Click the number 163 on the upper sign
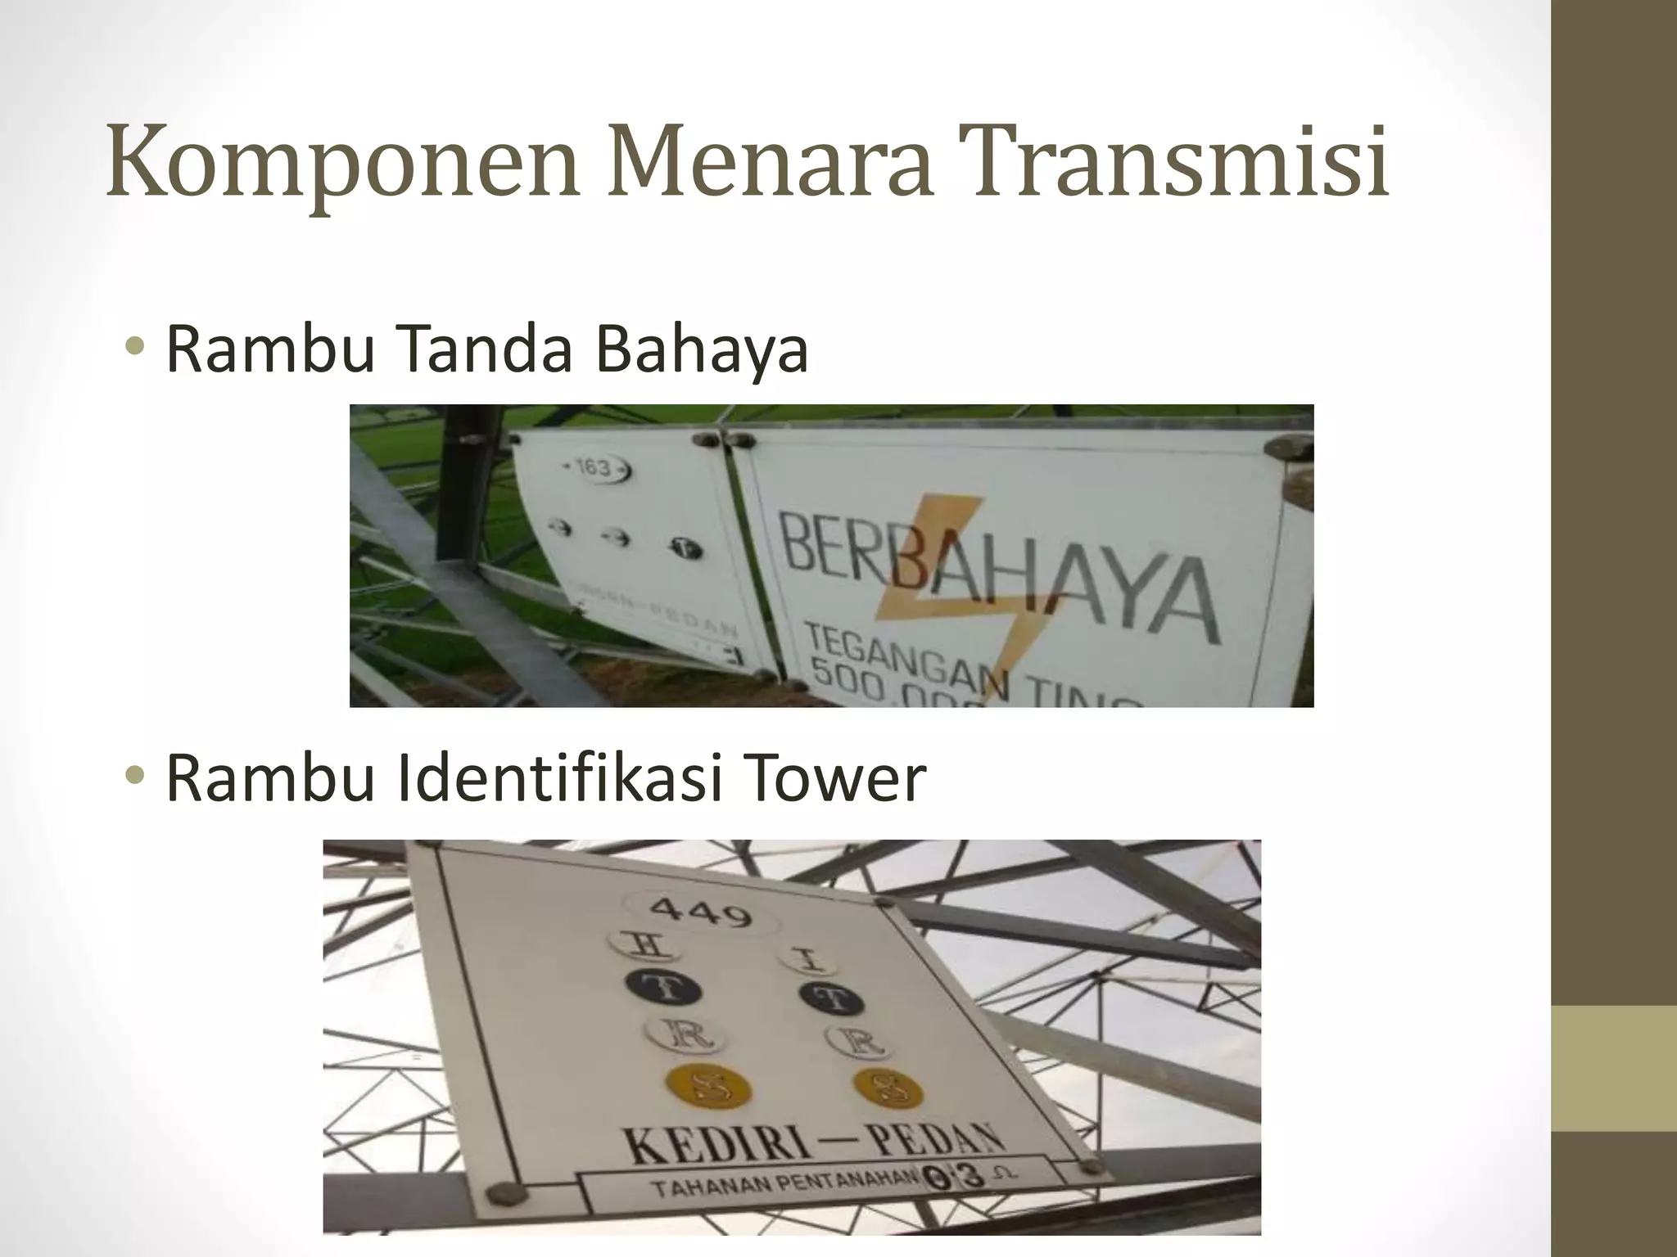click(594, 468)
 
